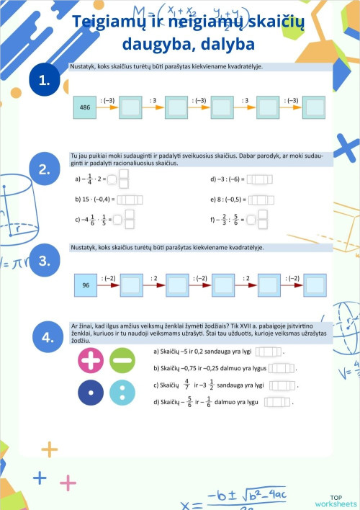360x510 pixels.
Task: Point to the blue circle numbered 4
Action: [x=48, y=337]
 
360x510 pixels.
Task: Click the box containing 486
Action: [x=85, y=107]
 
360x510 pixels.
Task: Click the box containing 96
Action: [x=85, y=286]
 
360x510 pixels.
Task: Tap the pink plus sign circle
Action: [x=91, y=359]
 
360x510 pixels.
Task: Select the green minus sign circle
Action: [x=122, y=359]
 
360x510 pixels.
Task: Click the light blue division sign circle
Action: [x=122, y=392]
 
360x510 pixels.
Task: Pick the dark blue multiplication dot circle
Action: [x=91, y=392]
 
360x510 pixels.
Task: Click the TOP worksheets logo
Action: [x=335, y=501]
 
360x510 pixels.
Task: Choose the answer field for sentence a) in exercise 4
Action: [x=269, y=352]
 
